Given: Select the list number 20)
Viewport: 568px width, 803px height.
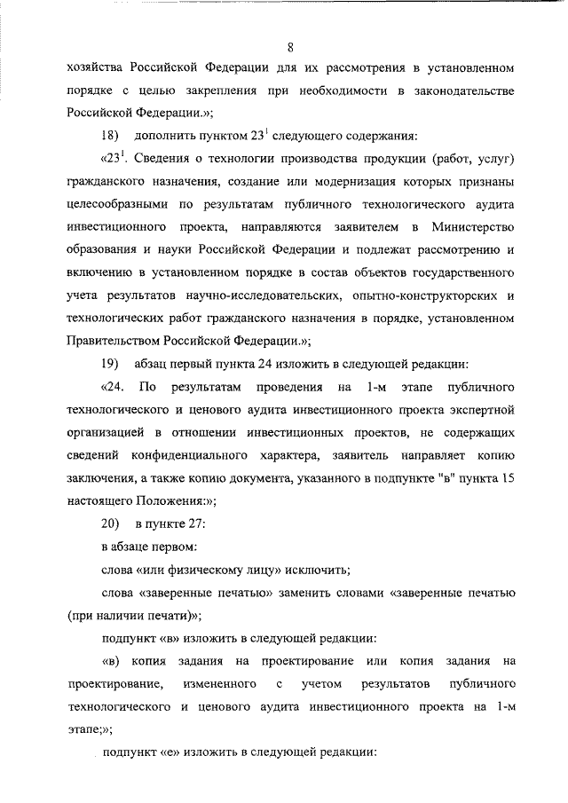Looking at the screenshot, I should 111,524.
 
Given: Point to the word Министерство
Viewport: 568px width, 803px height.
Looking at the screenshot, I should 477,228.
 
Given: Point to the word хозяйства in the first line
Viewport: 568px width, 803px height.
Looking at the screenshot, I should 96,68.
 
